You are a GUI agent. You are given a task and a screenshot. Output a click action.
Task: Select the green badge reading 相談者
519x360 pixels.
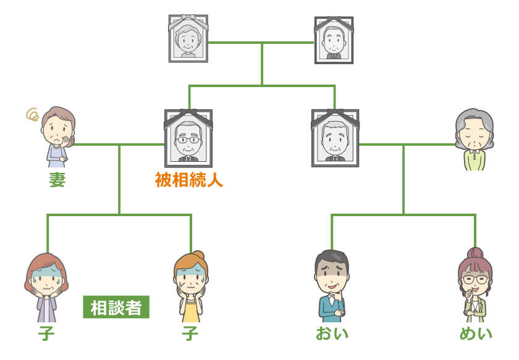point(116,308)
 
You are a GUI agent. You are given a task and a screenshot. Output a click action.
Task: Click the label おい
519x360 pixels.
point(332,334)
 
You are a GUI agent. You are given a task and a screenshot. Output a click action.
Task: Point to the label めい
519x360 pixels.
point(476,334)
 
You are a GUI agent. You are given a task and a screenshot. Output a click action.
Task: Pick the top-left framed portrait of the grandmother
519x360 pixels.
point(188,38)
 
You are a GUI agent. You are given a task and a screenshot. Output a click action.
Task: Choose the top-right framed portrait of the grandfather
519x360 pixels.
point(334,40)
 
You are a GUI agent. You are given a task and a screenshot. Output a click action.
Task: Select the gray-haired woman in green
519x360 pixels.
point(475,140)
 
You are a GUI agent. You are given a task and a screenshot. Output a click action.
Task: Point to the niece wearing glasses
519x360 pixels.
point(475,284)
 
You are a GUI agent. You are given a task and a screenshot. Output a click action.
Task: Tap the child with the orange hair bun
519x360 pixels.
point(191,287)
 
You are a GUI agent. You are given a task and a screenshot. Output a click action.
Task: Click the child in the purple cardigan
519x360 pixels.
point(47,287)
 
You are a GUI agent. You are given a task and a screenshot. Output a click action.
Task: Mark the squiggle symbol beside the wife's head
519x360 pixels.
point(32,114)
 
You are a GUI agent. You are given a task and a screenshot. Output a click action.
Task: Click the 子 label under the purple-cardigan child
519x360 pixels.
point(46,334)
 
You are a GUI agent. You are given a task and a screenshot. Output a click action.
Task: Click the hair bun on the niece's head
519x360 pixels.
point(475,253)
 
